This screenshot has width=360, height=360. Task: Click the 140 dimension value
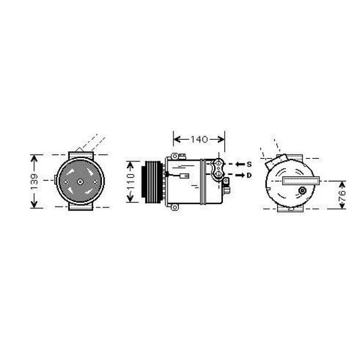(x=199, y=139)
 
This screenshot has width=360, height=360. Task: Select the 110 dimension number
(x=131, y=182)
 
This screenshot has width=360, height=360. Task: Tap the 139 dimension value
(x=34, y=182)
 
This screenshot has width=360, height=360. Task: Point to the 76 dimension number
(x=342, y=195)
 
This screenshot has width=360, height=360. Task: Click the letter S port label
(x=249, y=164)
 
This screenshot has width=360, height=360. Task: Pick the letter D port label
(x=249, y=176)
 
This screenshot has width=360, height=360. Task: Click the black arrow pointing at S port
(x=240, y=164)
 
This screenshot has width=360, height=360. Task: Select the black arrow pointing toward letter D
(x=240, y=175)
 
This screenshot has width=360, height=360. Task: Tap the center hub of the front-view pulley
(x=80, y=182)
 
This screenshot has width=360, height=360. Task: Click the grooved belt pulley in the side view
(x=152, y=182)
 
